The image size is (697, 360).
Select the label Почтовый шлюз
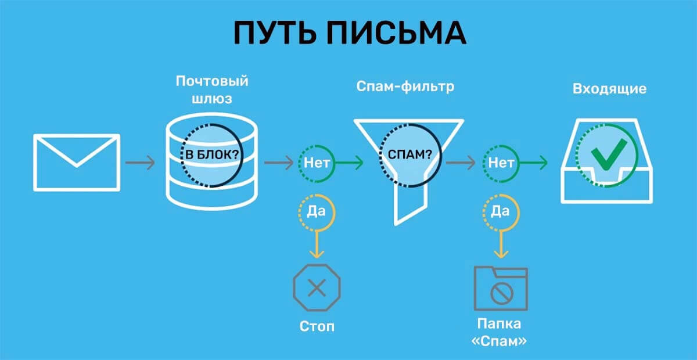(212, 89)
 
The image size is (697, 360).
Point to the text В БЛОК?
(211, 156)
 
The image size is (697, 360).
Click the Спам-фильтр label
(405, 87)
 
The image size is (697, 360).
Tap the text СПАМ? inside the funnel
(410, 156)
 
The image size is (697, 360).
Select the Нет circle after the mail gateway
(317, 163)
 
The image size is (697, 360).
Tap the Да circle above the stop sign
(317, 211)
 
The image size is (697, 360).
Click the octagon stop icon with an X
(317, 287)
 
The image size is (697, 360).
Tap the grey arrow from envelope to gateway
(140, 163)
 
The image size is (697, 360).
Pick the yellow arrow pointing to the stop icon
(317, 244)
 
